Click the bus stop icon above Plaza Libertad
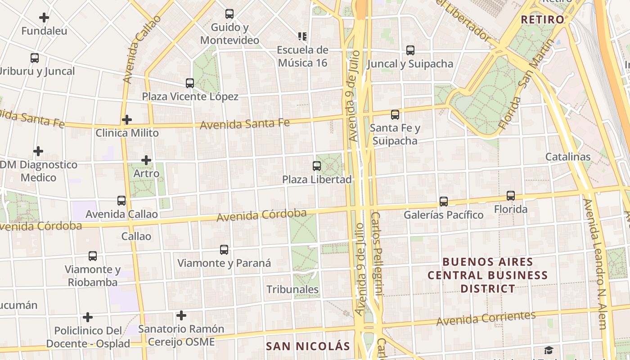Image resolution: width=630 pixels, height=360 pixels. [317, 166]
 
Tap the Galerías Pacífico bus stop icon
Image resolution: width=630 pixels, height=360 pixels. [444, 201]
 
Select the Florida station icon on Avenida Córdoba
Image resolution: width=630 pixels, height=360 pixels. [511, 196]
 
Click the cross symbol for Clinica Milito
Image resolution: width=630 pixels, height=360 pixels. [127, 120]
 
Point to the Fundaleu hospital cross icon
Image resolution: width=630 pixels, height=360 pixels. [44, 18]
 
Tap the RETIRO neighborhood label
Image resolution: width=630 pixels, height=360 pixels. [542, 19]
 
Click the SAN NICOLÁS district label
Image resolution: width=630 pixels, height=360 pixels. [308, 346]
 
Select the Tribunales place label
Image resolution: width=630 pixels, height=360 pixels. [292, 289]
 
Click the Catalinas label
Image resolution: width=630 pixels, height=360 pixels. [568, 157]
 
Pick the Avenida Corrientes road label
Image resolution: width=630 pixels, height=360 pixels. [486, 318]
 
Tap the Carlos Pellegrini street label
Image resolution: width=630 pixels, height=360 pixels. [377, 254]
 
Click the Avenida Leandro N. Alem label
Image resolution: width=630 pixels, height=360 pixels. [596, 263]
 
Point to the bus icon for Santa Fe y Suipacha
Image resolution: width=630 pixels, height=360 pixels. [395, 115]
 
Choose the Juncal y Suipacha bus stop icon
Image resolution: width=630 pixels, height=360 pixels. [410, 50]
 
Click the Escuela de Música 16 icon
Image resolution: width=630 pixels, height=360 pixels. [302, 36]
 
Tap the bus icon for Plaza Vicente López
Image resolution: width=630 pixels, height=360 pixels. [190, 83]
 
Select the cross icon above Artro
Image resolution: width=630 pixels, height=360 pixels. [146, 160]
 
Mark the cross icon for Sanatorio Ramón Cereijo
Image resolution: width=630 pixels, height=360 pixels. [181, 315]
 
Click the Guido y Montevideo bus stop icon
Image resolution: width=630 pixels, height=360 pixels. [229, 14]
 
